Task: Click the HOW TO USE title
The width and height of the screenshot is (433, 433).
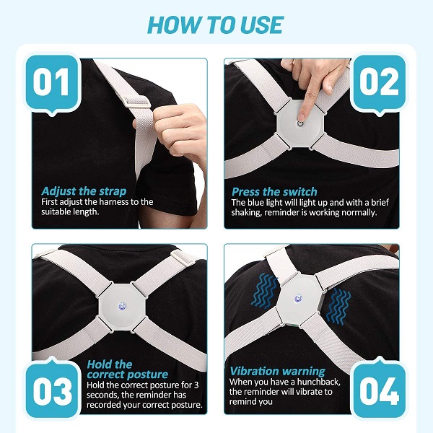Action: pos(215,25)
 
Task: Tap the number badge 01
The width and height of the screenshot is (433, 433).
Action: pos(52,83)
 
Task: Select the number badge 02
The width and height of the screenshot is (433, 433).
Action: pos(379,83)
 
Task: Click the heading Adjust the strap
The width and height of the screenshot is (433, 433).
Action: pos(84,191)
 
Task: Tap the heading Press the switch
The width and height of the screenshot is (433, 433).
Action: pos(274,192)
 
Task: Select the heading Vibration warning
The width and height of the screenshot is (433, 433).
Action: pos(278,371)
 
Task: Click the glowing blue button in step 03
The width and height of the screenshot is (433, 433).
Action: pos(122,306)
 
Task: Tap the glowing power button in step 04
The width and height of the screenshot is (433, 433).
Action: pos(298,298)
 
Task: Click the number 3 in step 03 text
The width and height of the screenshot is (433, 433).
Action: pos(196,385)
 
